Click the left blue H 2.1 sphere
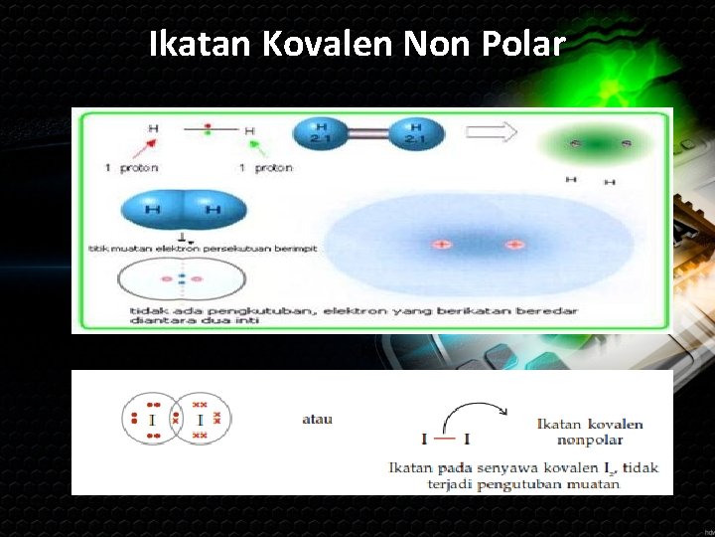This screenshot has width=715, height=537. [x=320, y=133]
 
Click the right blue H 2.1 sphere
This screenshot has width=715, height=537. [x=415, y=133]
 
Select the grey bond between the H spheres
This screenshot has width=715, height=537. [x=367, y=134]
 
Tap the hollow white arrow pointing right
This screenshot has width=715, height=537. [x=493, y=132]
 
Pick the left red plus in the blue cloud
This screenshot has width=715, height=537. [x=440, y=244]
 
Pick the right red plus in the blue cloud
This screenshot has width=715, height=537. [x=513, y=244]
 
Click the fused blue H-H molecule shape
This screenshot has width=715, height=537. [x=183, y=210]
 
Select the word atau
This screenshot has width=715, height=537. [x=317, y=419]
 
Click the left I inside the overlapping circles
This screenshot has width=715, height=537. [x=152, y=421]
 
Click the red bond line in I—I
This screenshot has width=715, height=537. [x=445, y=439]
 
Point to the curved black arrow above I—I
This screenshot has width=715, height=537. [x=474, y=409]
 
